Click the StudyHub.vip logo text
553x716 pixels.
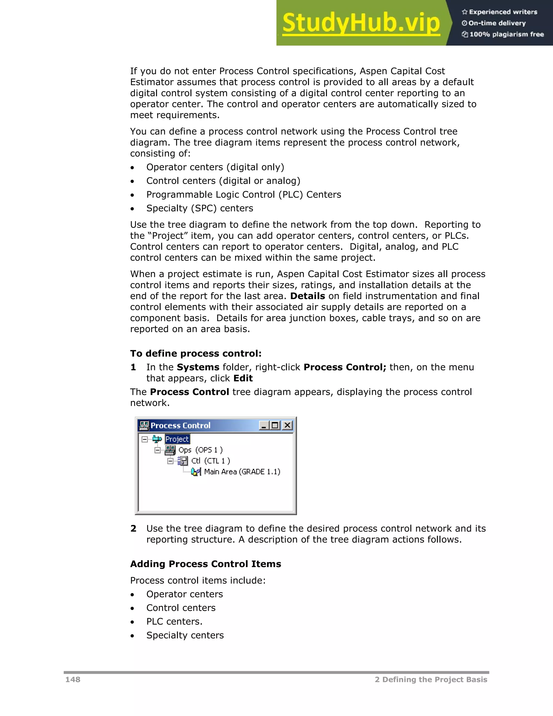click(x=361, y=23)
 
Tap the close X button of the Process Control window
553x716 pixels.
click(x=287, y=425)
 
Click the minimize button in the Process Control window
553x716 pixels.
click(x=264, y=425)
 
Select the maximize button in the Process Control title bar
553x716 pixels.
click(x=275, y=425)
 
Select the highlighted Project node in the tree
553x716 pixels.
click(x=177, y=439)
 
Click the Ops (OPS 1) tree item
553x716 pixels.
click(x=200, y=450)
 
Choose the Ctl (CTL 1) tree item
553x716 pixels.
click(x=210, y=461)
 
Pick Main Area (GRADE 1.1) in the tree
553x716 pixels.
click(x=242, y=471)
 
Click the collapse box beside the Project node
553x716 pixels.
click(x=144, y=439)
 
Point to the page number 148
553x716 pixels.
click(x=73, y=679)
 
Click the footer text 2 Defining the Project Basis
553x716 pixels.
click(x=431, y=679)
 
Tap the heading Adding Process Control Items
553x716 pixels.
click(x=205, y=564)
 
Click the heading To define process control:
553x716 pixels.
click(x=195, y=353)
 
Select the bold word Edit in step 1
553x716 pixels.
click(x=243, y=378)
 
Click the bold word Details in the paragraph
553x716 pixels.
click(x=307, y=296)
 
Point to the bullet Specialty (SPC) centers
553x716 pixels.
click(x=200, y=208)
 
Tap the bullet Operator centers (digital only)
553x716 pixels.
click(x=215, y=167)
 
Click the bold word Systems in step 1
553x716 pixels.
click(x=198, y=367)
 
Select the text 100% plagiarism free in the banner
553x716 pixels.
click(x=506, y=34)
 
